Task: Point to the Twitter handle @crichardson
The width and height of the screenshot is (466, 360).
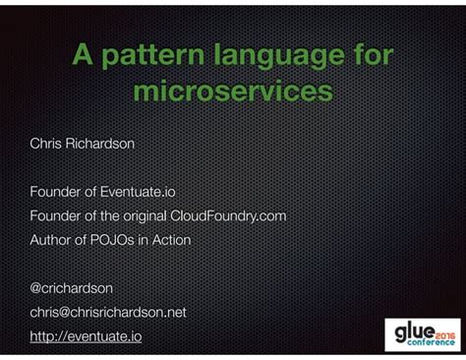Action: click(72, 287)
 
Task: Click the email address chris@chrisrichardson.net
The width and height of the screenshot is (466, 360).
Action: click(108, 312)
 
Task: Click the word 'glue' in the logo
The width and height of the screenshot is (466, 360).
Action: click(410, 329)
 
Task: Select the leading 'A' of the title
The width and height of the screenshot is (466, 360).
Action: click(82, 56)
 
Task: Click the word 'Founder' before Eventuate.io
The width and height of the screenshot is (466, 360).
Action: click(55, 192)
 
